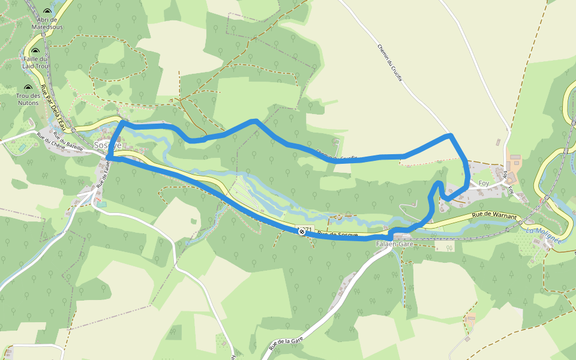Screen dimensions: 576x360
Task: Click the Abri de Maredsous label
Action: coord(47,23)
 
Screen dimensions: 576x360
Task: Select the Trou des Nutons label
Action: coord(28,99)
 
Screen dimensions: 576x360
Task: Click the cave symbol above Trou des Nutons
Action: coord(28,87)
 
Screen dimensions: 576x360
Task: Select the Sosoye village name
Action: coord(108,146)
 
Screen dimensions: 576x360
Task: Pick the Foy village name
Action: coord(484,184)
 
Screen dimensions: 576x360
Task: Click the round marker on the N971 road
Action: coord(301,231)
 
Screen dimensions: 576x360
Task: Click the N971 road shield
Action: coord(308,229)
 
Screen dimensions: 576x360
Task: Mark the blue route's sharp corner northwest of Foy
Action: coord(451,137)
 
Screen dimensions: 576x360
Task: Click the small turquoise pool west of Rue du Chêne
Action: coord(22,147)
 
